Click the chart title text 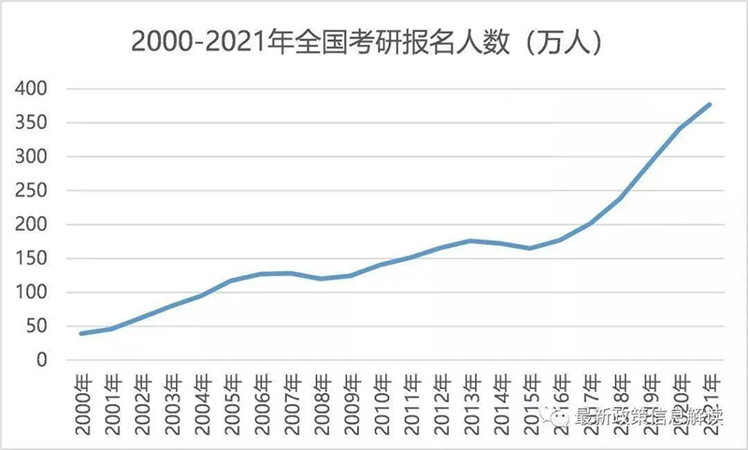coord(365,42)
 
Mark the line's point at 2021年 coord(711,104)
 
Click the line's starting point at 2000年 coord(81,333)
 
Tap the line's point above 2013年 coord(469,240)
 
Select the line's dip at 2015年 coord(529,248)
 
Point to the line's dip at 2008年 coord(322,279)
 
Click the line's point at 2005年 coord(232,281)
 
